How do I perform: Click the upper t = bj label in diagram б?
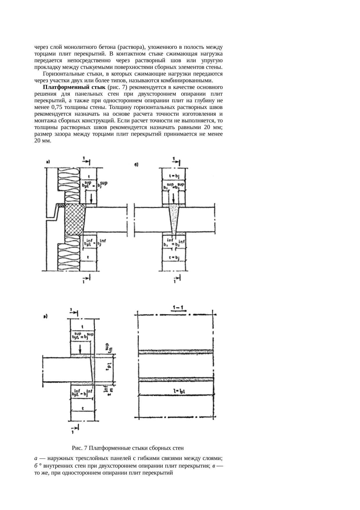(174, 176)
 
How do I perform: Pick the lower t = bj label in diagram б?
(174, 257)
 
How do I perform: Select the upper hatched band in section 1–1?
(176, 352)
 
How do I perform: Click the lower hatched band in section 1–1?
(176, 380)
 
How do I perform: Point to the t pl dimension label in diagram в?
(108, 368)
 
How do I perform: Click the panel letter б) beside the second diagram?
(137, 165)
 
